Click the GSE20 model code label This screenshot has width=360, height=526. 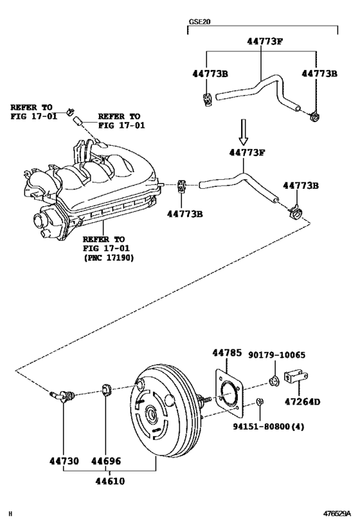pyautogui.click(x=199, y=21)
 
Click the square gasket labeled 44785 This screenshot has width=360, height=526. pyautogui.click(x=228, y=391)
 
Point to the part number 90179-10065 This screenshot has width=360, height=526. pyautogui.click(x=277, y=354)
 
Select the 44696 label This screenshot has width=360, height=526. pyautogui.click(x=105, y=462)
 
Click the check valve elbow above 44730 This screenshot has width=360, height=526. pyautogui.click(x=63, y=396)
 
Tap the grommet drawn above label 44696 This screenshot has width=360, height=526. pyautogui.click(x=107, y=389)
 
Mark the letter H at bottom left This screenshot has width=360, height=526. pyautogui.click(x=10, y=514)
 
